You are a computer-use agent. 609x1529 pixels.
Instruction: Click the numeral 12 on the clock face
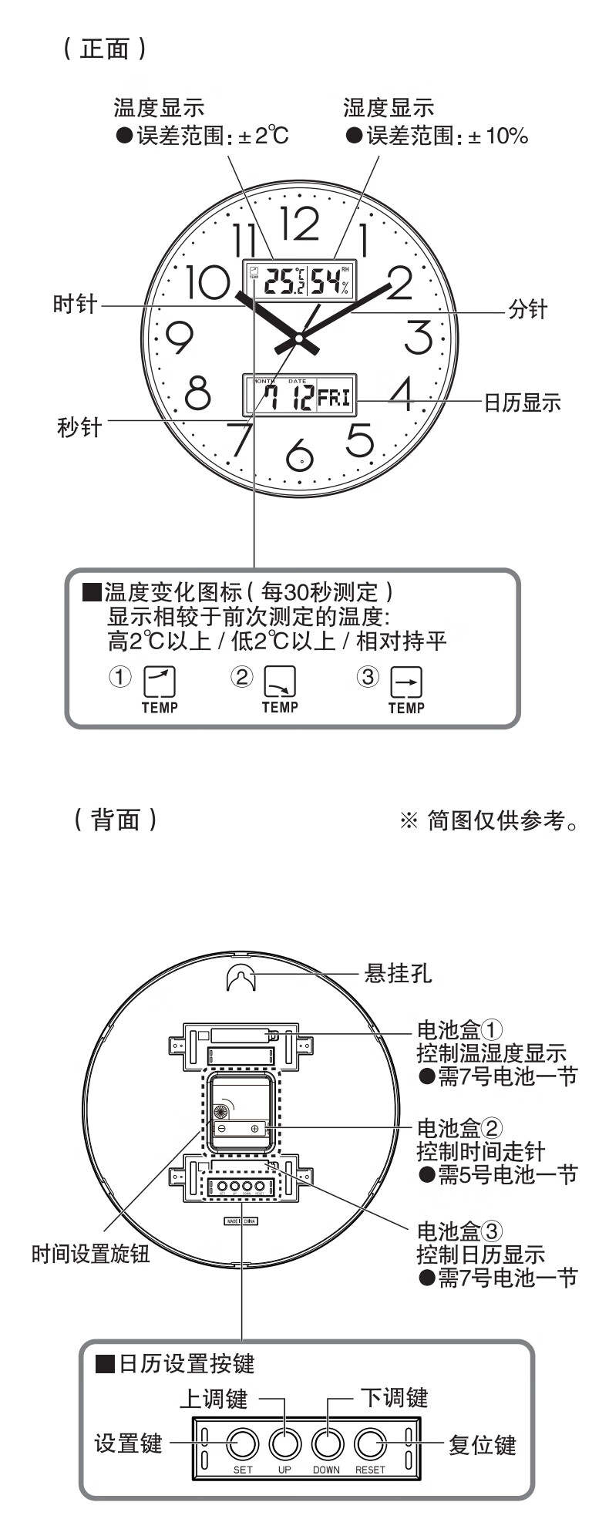(x=299, y=224)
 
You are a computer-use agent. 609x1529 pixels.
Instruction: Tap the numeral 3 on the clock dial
(x=418, y=337)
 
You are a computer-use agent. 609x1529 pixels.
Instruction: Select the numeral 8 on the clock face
(x=198, y=392)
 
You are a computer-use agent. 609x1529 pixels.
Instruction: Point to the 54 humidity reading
(x=325, y=282)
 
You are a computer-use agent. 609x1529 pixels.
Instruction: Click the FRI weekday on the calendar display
(x=334, y=398)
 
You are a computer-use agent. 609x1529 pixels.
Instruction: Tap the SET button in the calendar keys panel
(x=243, y=1442)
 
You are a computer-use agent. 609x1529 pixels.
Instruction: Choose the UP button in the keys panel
(x=284, y=1442)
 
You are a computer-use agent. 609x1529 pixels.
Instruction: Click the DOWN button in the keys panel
(x=327, y=1442)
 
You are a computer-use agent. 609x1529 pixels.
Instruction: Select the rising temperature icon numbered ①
(x=160, y=682)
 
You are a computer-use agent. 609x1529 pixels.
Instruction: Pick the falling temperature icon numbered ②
(x=280, y=682)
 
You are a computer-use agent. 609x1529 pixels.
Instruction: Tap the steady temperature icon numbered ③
(x=406, y=682)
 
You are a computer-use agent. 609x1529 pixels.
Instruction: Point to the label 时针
(x=75, y=304)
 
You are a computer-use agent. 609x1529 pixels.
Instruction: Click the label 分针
(x=527, y=310)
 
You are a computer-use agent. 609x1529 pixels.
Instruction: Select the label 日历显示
(x=522, y=402)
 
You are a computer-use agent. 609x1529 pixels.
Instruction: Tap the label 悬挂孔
(x=398, y=973)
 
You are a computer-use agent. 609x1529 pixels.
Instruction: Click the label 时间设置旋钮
(x=91, y=1254)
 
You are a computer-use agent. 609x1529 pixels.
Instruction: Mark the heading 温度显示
(x=159, y=107)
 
